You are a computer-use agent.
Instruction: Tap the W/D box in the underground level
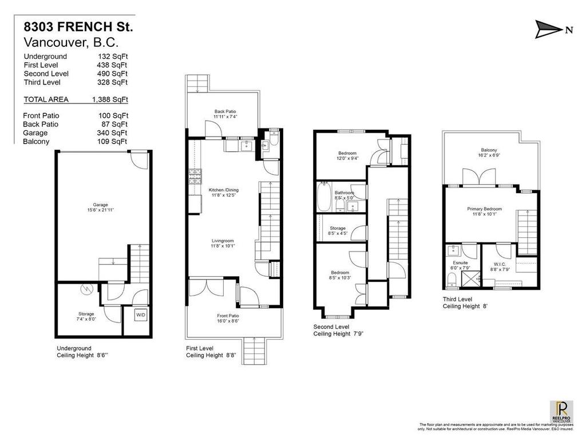coord(141,315)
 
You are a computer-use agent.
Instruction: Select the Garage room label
coord(100,207)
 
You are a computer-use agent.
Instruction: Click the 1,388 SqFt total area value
coord(110,99)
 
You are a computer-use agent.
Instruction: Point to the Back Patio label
coord(225,114)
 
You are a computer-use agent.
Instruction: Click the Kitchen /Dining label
coord(222,191)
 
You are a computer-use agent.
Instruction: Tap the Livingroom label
coord(223,243)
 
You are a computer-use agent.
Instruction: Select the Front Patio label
coord(228,318)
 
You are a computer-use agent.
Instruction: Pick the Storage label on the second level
coord(338,230)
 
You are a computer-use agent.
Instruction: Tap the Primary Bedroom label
coord(484,212)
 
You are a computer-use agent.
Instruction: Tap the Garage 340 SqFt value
coord(112,133)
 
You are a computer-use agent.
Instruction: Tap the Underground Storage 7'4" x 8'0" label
coord(86,316)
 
